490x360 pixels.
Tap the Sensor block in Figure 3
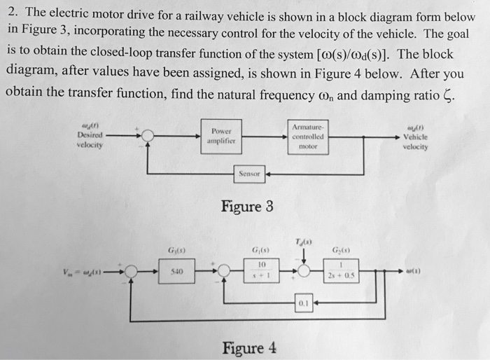tap(250, 172)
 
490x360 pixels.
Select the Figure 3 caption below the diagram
tap(246, 207)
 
